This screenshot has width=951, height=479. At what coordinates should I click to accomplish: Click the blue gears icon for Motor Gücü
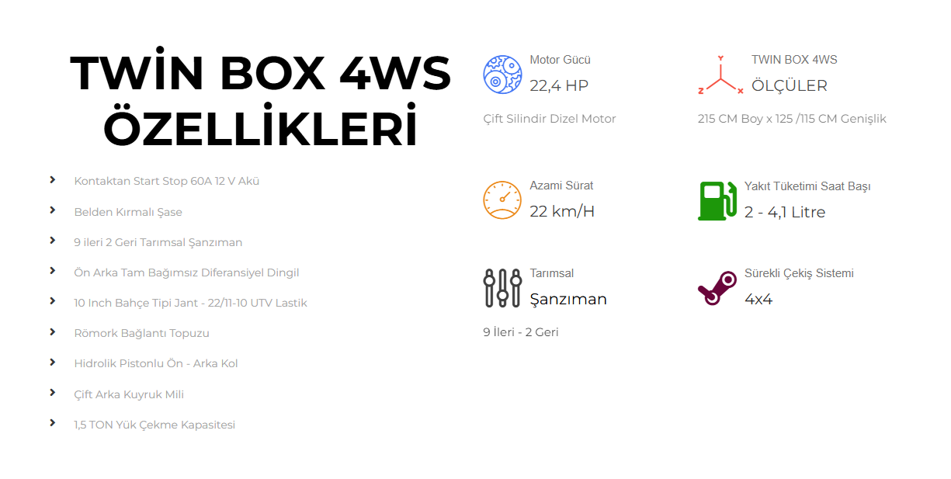pos(502,75)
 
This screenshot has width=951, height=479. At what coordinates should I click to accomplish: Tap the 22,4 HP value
pos(559,85)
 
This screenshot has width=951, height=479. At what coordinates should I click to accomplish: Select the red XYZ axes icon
pos(720,76)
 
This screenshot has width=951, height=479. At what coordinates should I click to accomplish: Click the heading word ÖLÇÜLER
pos(789,85)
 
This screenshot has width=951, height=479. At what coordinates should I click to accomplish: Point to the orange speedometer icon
pos(502,200)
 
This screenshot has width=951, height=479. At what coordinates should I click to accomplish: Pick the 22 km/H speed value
pos(562,211)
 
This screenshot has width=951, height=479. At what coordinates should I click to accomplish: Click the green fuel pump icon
pos(717,200)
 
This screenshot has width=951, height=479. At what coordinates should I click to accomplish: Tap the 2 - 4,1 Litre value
pos(784,212)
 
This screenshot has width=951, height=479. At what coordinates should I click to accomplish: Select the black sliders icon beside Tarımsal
pos(502,288)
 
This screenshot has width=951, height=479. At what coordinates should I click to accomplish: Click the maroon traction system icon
pos(717,288)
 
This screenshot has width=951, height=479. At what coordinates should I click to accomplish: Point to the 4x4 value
pos(758,299)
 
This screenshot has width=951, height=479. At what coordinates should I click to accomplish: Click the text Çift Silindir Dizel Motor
pos(549,119)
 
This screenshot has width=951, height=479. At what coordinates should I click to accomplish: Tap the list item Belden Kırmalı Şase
pos(128,212)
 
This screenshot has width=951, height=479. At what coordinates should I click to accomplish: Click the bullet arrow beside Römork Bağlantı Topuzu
pos(53,332)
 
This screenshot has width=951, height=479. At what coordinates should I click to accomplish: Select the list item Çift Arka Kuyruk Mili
pos(129,394)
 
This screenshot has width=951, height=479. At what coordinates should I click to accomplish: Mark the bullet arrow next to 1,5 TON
pos(53,423)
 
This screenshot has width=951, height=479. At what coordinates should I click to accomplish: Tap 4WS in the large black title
pos(395,74)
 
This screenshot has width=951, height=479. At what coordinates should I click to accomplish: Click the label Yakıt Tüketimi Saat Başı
pos(807,186)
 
